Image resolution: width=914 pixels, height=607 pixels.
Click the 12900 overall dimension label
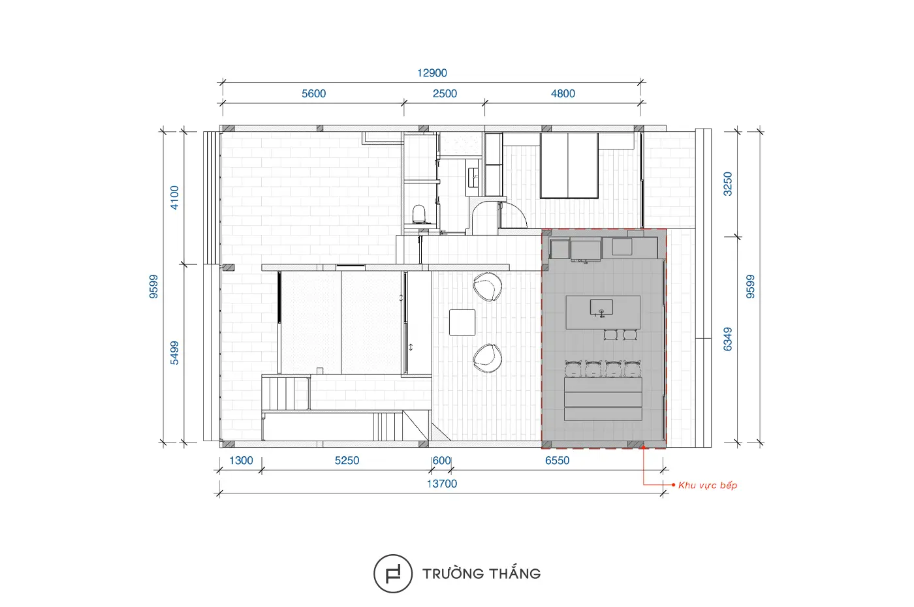[432, 73]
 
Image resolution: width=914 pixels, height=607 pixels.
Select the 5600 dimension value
[313, 94]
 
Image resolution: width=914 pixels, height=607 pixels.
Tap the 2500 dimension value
[445, 94]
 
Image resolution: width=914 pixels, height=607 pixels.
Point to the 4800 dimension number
[563, 94]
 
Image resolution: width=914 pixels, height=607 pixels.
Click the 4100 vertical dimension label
[174, 198]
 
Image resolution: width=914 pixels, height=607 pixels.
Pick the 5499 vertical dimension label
[174, 353]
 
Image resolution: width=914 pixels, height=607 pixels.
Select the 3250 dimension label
[727, 184]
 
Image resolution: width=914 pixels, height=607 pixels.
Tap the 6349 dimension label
[727, 339]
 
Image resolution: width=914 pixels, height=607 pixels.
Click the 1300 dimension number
[241, 461]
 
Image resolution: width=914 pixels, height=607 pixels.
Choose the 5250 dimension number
[347, 461]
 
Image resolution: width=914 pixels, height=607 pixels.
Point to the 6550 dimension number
[557, 461]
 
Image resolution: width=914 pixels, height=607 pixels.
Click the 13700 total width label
[441, 484]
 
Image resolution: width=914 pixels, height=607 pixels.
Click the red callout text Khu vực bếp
[708, 486]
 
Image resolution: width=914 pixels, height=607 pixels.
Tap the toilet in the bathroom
[419, 214]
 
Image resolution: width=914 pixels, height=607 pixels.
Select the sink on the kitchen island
[601, 307]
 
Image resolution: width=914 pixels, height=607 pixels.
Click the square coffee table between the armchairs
[462, 322]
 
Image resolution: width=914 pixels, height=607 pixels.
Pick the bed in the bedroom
[569, 166]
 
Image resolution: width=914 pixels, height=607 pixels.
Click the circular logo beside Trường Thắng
[393, 573]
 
